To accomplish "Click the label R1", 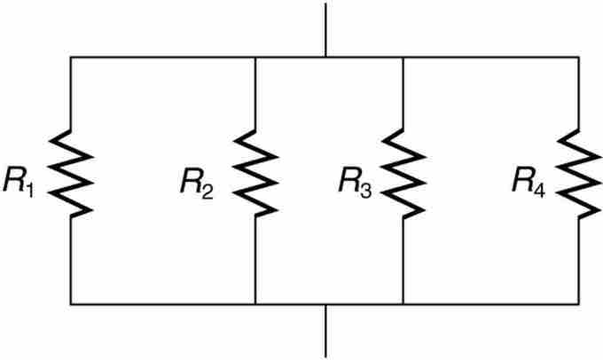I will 19,182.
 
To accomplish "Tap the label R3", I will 354,182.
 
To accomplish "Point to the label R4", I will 529,182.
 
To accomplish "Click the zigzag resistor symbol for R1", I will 71,172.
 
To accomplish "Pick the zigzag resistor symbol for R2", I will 255,172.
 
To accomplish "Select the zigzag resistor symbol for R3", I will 403,172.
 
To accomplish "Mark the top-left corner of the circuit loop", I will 71,57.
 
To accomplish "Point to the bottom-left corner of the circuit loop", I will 71,304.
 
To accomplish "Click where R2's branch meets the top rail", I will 255,57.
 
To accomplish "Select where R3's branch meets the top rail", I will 403,57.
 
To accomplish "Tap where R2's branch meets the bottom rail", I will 255,304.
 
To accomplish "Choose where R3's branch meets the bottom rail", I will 403,304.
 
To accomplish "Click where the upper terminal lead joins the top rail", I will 325,57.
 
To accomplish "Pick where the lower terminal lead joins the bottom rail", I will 325,304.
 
